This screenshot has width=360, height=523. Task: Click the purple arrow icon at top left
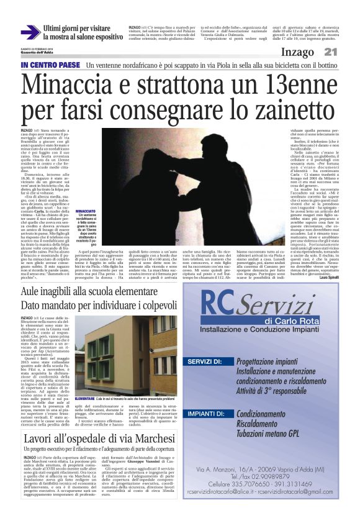[x=30, y=32]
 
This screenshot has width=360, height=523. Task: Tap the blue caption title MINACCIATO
[x=85, y=212]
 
